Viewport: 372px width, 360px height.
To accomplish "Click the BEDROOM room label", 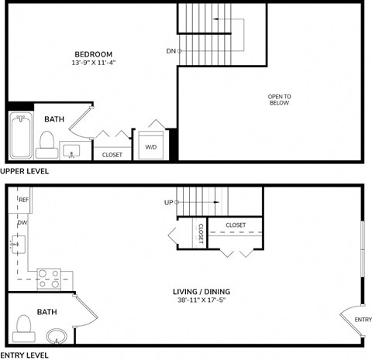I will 91,53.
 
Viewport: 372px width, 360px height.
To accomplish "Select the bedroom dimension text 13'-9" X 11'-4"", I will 91,63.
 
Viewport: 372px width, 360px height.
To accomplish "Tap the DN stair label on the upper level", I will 170,52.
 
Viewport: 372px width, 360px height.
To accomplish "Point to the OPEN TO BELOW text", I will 279,99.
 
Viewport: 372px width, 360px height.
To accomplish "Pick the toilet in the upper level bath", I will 46,142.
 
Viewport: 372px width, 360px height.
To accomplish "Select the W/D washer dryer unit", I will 151,146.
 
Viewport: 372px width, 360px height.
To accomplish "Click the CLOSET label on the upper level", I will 112,155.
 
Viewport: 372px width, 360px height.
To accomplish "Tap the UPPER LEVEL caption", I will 25,171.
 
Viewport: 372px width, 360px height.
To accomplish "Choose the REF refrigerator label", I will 24,199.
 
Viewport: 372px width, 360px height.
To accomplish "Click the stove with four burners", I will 50,278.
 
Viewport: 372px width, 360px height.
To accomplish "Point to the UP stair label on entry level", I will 168,203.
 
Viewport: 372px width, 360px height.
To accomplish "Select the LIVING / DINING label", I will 201,292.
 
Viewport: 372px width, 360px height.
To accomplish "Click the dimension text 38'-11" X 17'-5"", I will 201,301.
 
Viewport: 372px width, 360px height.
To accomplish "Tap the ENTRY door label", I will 363,319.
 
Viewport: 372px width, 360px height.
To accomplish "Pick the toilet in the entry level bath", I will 24,324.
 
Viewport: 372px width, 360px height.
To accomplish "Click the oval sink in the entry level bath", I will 57,336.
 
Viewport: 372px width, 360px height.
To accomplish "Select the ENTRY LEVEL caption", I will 24,355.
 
